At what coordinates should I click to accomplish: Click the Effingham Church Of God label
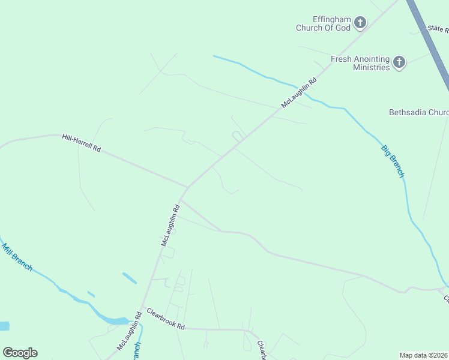[323, 23]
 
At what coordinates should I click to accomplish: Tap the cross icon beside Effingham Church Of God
[360, 23]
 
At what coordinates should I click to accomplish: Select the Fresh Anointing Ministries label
[360, 63]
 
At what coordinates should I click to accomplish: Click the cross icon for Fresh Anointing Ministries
[399, 62]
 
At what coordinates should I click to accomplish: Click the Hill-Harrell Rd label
[81, 142]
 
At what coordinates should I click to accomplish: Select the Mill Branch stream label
[17, 257]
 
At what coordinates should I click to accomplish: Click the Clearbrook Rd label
[165, 319]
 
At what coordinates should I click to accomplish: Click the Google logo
[20, 353]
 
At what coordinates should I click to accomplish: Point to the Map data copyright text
[424, 355]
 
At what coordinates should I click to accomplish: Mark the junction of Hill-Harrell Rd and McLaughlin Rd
[188, 187]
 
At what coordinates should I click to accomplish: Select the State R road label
[438, 28]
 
